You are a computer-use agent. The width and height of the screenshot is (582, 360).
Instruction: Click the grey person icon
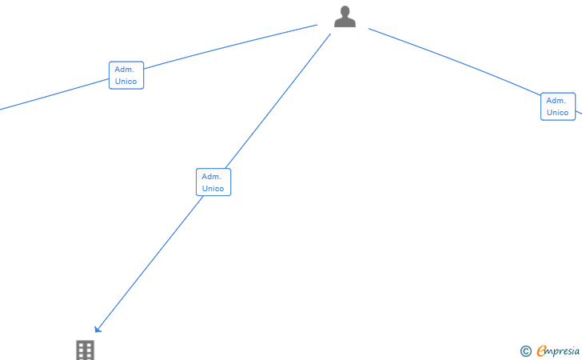pos(345,17)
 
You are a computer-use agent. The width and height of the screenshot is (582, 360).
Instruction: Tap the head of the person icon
pos(345,11)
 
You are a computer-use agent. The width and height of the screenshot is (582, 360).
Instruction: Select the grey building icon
pos(86,350)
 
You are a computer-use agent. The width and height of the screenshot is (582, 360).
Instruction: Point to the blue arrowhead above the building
pos(98,329)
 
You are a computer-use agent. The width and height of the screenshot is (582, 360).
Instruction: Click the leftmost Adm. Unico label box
pos(126,75)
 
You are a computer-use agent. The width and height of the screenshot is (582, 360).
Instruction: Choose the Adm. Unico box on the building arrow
pos(213,182)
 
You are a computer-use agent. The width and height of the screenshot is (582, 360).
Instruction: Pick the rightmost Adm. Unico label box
pos(558,106)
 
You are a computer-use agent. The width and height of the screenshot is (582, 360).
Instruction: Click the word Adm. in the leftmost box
pos(124,70)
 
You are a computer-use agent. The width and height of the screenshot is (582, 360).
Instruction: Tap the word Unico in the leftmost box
pos(126,82)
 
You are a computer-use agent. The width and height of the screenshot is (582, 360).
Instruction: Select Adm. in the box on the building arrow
pos(211,176)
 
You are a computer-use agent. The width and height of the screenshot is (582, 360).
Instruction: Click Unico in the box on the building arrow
pos(213,189)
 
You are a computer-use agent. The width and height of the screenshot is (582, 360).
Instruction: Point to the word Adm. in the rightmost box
pos(556,101)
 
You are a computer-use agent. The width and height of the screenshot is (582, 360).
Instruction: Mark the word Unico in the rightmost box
pos(558,113)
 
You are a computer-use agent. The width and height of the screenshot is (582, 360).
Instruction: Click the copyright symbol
pos(525,350)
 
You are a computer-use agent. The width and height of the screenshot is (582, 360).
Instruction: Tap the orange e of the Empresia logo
pos(541,350)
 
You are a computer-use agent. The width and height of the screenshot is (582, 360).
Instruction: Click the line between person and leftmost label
pos(232,48)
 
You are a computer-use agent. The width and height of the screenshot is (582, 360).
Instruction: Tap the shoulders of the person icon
pos(345,23)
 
